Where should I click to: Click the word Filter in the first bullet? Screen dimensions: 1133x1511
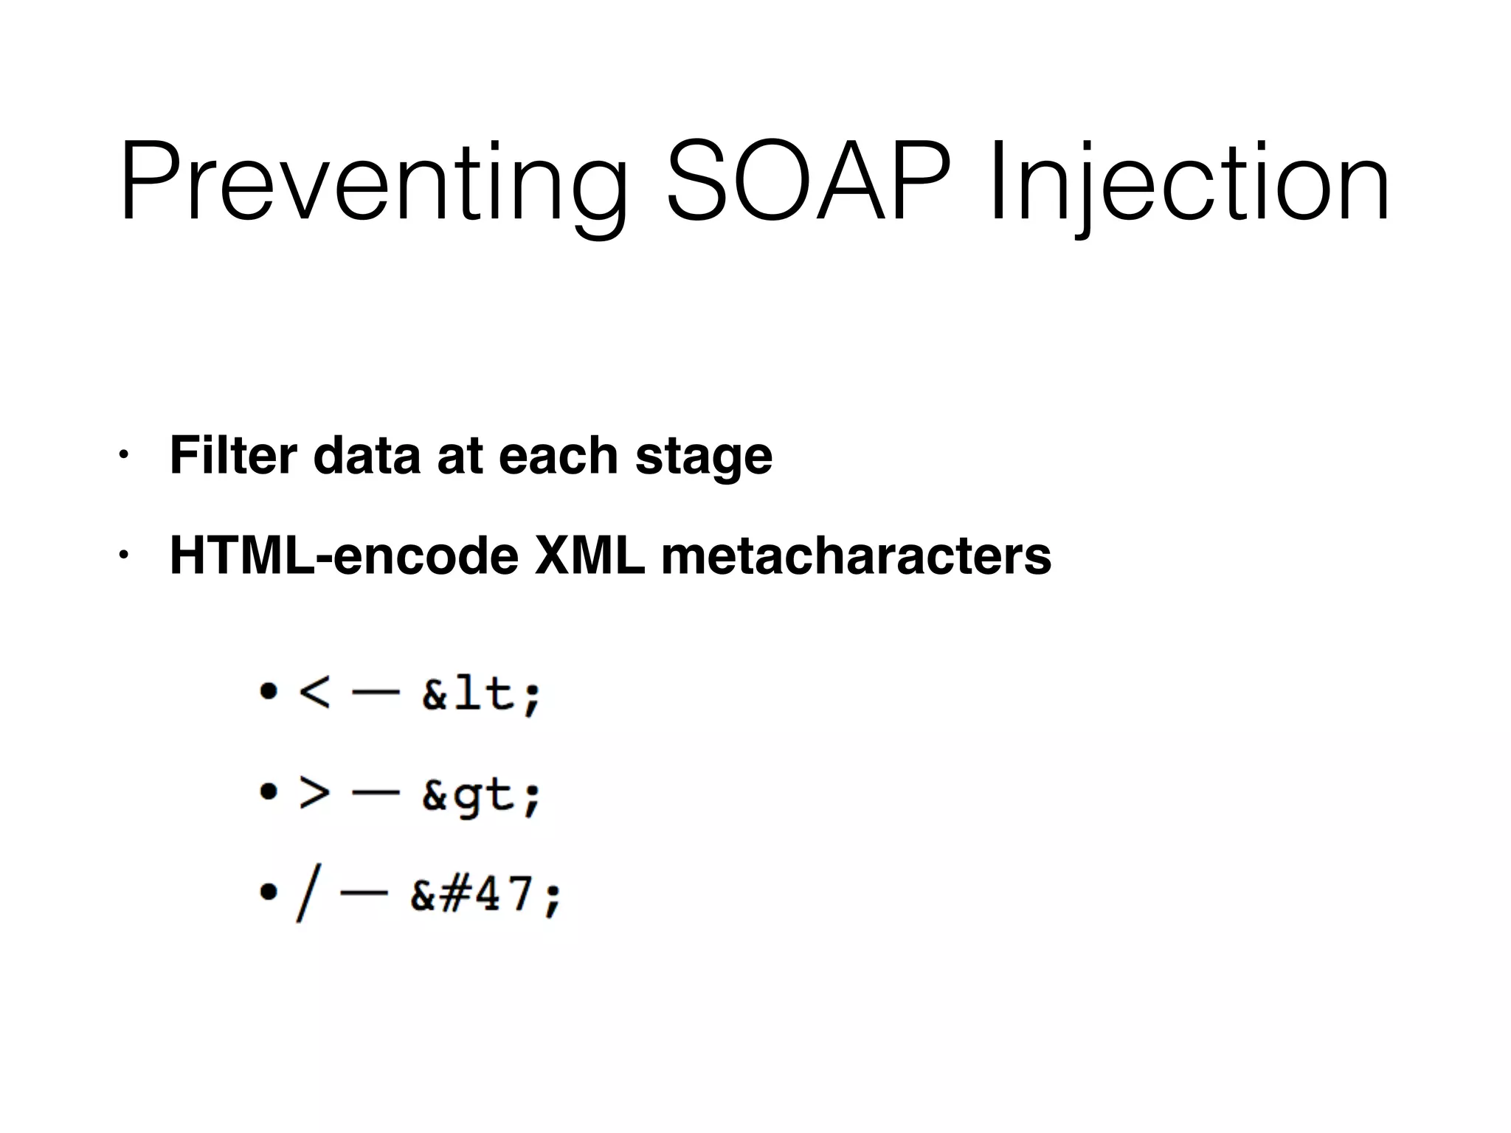pyautogui.click(x=233, y=455)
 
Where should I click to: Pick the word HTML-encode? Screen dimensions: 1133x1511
pyautogui.click(x=345, y=555)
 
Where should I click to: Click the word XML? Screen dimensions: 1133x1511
pyautogui.click(x=589, y=555)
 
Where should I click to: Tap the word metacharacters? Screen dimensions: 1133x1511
pyautogui.click(x=856, y=555)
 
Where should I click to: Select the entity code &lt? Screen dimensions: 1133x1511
pyautogui.click(x=482, y=694)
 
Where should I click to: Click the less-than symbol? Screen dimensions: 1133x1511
pyautogui.click(x=314, y=693)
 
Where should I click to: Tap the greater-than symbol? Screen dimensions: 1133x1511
pyautogui.click(x=314, y=794)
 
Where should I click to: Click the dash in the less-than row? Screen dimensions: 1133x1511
pyautogui.click(x=376, y=693)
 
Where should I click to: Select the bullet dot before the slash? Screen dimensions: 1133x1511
pyautogui.click(x=269, y=893)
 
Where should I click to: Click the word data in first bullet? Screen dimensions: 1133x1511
pyautogui.click(x=367, y=455)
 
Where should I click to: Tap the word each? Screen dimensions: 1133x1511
pyautogui.click(x=558, y=455)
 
